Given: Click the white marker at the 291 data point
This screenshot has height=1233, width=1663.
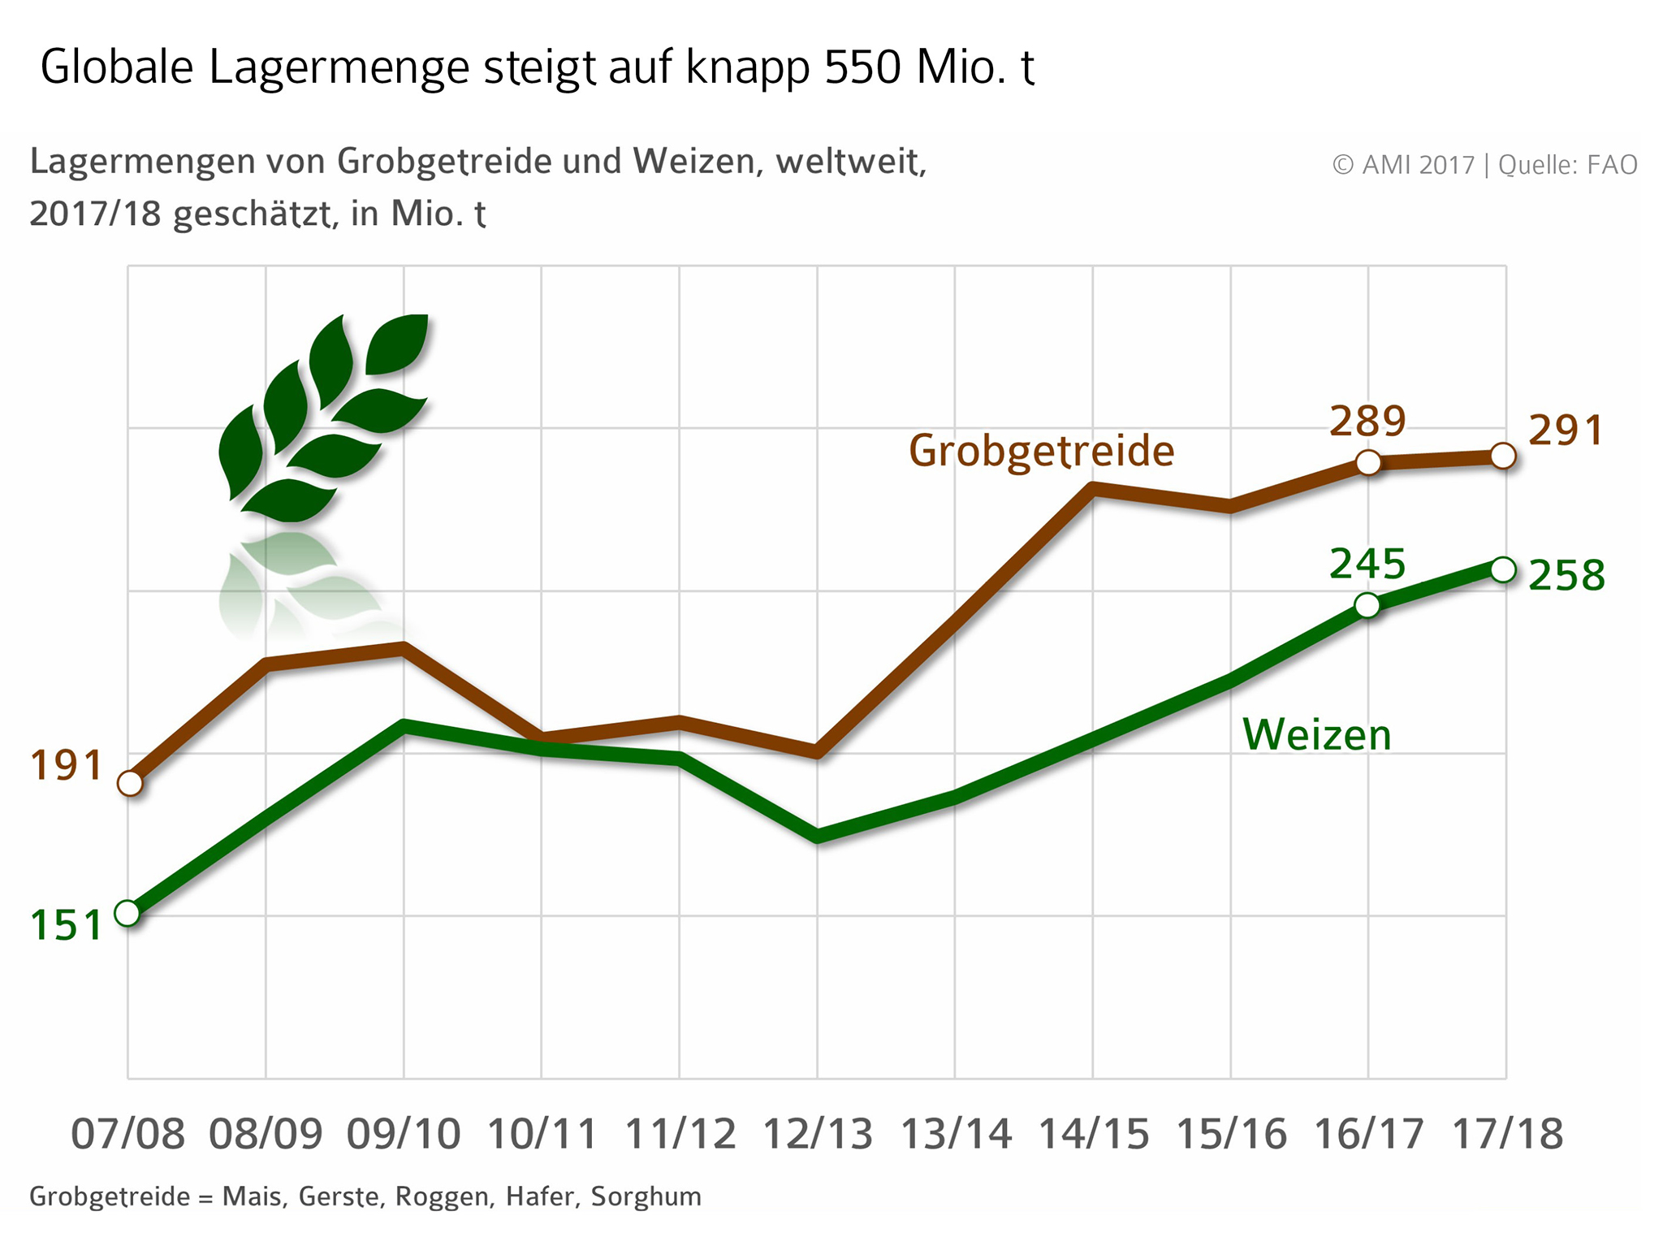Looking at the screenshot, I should pos(1503,456).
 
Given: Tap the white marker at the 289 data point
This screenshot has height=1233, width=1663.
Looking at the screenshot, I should pos(1368,462).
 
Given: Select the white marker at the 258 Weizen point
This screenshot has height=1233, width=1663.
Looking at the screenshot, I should pos(1503,569).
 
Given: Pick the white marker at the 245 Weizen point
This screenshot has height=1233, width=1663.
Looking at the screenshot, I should pos(1367,605).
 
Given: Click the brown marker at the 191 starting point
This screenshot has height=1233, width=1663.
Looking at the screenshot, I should pos(130,783).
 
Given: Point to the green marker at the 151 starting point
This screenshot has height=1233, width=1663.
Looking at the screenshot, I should pos(127,913).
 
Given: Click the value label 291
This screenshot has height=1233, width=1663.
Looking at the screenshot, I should pos(1566,430).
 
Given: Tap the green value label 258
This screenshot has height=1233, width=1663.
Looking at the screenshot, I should pos(1566,576).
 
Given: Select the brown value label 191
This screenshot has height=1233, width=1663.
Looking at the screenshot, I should pos(67,766).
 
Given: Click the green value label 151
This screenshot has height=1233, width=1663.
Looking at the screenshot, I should pos(67,925).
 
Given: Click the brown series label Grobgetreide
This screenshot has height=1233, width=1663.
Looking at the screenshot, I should pos(1041,452).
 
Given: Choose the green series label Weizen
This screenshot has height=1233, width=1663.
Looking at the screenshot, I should pos(1316,734).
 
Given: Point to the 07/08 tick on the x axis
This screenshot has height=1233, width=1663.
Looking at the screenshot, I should pos(128,1134).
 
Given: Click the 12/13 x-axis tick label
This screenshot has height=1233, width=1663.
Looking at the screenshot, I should pos(817,1134).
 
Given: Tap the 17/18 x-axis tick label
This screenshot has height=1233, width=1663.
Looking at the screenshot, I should pos(1506,1134).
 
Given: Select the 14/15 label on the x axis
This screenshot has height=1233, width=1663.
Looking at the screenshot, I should pos(1093,1134).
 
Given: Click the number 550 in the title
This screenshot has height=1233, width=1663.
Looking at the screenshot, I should pos(862,67).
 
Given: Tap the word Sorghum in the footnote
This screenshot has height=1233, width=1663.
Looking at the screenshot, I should pos(646,1196).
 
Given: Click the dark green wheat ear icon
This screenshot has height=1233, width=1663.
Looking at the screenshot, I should pos(323,417).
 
